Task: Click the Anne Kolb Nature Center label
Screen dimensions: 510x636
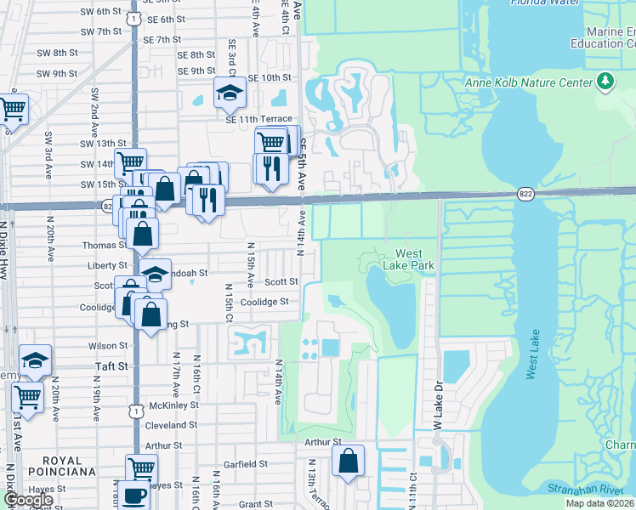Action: point(527,82)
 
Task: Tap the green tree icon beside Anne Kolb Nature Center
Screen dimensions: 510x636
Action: point(605,82)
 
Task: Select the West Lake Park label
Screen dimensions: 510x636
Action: point(415,260)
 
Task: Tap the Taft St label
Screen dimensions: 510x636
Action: point(110,365)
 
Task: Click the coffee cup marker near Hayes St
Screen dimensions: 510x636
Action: point(134,495)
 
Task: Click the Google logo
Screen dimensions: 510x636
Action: point(28,500)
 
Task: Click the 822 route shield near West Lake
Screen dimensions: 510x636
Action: point(524,195)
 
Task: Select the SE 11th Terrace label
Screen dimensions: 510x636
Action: point(258,119)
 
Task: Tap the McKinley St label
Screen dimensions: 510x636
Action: point(173,405)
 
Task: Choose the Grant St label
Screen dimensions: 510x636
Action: point(255,504)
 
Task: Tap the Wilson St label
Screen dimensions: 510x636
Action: point(107,346)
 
